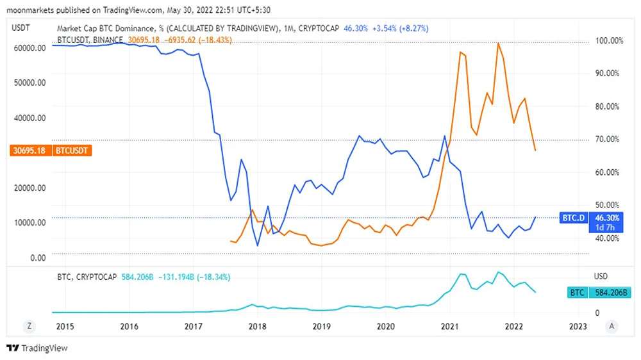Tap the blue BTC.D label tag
[x=573, y=218]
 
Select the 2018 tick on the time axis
[x=258, y=326]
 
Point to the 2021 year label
[x=450, y=326]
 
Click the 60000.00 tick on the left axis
[x=29, y=48]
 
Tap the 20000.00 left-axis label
[x=29, y=188]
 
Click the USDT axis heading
[x=22, y=28]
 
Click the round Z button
[x=29, y=326]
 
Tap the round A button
[x=612, y=326]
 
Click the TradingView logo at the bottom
[x=37, y=348]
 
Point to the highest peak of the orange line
[x=498, y=43]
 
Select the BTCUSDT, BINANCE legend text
[x=90, y=40]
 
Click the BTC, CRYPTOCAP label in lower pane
[x=87, y=277]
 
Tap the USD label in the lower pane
[x=601, y=277]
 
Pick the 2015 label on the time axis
[x=64, y=326]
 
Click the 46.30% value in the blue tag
[x=605, y=218]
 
